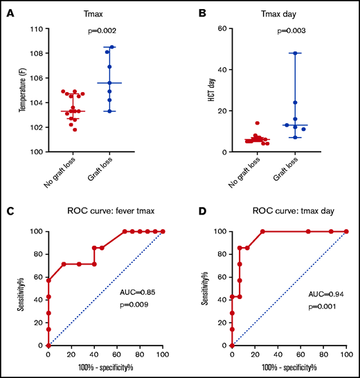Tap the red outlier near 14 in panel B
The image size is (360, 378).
[x=258, y=123]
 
